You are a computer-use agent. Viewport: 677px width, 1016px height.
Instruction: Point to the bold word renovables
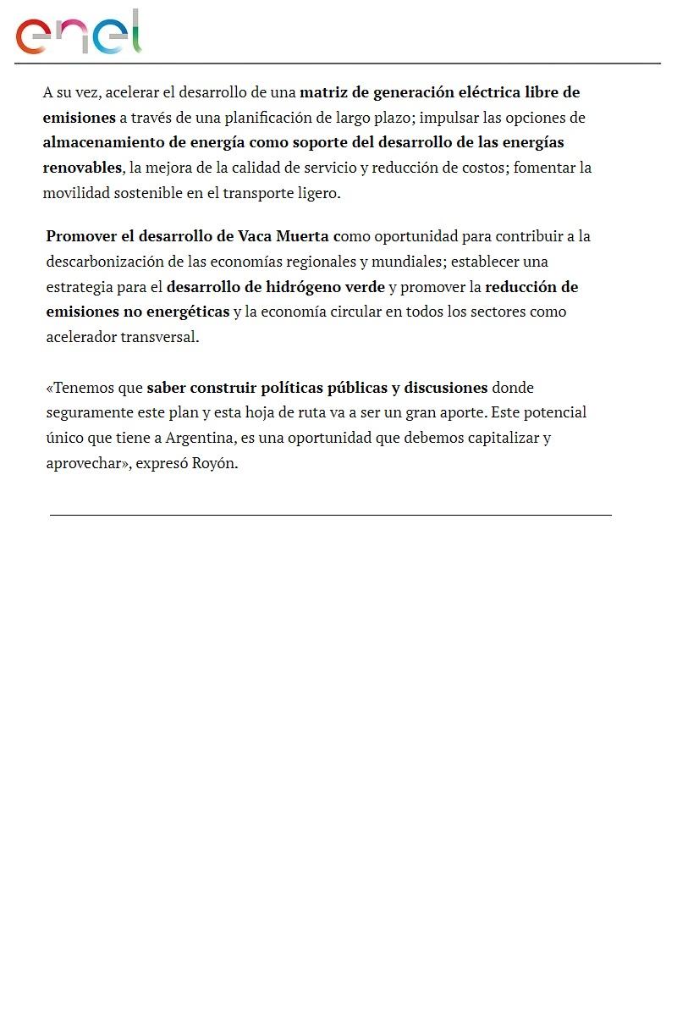click(82, 168)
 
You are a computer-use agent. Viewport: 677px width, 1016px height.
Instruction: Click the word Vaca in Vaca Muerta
click(255, 236)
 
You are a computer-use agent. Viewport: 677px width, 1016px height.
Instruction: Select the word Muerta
click(302, 236)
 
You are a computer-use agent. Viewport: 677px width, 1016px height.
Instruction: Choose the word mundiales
click(406, 261)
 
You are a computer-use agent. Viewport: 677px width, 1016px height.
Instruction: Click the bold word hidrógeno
click(295, 287)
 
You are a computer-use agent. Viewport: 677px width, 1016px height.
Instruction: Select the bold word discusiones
click(445, 388)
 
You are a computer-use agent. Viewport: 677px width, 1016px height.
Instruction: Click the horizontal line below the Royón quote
click(330, 515)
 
